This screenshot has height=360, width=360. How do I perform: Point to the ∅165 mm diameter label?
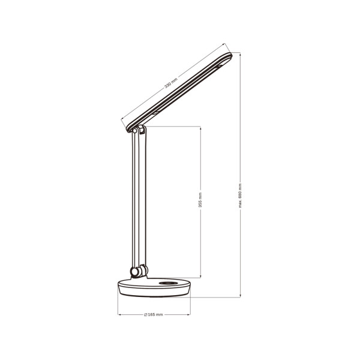pos(154,315)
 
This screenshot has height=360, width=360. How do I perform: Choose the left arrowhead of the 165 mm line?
pos(119,315)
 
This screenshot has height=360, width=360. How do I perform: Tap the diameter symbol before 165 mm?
pos(146,315)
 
